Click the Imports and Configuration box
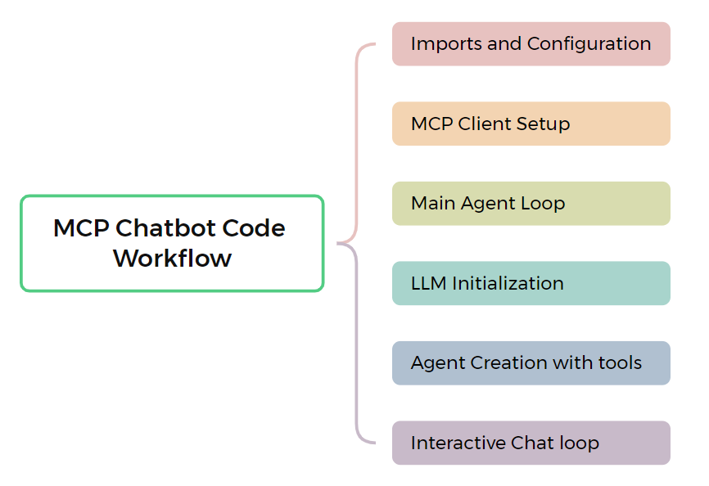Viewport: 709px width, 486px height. tap(531, 44)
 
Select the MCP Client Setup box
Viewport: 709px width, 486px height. tap(531, 124)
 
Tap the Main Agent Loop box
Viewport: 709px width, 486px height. tap(531, 203)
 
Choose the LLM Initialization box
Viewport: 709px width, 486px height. tap(531, 283)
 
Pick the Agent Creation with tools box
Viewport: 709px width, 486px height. tap(531, 363)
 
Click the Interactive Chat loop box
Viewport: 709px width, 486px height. tap(531, 443)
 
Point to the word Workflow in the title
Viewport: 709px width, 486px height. tap(172, 258)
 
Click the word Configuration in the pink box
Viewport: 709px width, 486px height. tap(589, 45)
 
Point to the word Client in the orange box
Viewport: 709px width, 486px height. tap(485, 124)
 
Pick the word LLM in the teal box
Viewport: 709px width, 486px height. tap(429, 283)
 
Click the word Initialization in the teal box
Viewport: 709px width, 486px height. tap(508, 283)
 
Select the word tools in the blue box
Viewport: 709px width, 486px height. tap(620, 362)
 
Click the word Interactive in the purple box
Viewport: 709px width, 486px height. tap(458, 443)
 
